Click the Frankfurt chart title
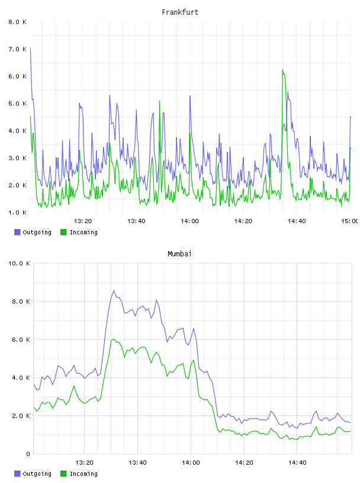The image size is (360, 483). click(180, 12)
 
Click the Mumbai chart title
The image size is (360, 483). click(179, 254)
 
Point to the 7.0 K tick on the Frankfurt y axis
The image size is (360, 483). click(18, 49)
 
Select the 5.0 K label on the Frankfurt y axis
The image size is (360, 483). click(18, 104)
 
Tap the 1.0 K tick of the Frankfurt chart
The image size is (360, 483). click(18, 212)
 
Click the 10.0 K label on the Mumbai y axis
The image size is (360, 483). click(19, 263)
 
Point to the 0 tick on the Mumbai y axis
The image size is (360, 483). click(28, 454)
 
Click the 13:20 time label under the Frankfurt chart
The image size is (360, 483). click(83, 221)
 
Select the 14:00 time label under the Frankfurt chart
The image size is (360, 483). click(190, 221)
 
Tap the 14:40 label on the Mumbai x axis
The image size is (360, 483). click(297, 463)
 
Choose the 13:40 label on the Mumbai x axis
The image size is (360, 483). click(137, 463)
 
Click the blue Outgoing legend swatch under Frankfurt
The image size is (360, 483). click(17, 232)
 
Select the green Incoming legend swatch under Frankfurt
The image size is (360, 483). click(63, 232)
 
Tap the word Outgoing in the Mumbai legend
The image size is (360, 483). click(37, 474)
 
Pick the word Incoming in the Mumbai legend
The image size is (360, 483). click(83, 474)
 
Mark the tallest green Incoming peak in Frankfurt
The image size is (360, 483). click(282, 70)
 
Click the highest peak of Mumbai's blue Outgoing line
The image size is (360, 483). click(114, 291)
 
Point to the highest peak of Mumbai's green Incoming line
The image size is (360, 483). click(114, 339)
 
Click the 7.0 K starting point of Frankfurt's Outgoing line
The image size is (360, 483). click(30, 49)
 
